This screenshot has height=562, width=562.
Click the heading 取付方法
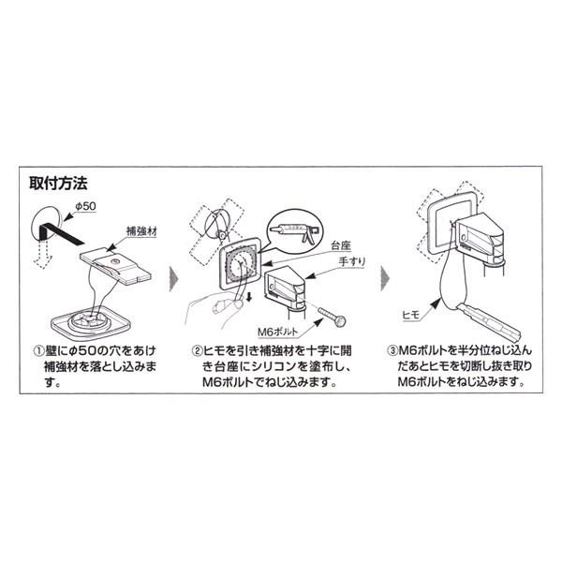(58, 184)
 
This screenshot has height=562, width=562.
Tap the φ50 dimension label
(85, 206)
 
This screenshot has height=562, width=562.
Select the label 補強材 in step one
(142, 231)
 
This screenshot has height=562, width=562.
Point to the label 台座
(341, 245)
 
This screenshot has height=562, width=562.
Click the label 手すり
(352, 261)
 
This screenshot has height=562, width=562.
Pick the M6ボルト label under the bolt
(278, 332)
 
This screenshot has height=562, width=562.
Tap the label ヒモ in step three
(411, 316)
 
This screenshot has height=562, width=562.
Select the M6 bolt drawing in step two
(332, 318)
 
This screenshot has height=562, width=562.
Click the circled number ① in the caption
(38, 351)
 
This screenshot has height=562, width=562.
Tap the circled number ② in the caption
(197, 351)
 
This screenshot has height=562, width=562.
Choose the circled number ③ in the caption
(392, 351)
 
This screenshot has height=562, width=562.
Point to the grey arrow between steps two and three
(385, 280)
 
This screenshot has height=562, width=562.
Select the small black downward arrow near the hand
(248, 296)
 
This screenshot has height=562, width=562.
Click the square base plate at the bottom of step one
(90, 322)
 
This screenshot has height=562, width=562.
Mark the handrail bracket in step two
(286, 288)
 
